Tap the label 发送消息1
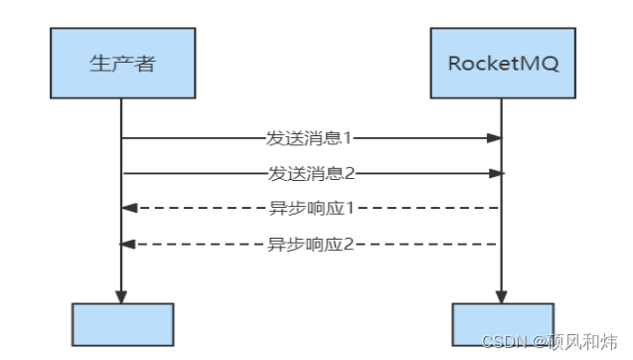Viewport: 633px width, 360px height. (x=311, y=138)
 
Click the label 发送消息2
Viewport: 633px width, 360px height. (x=311, y=173)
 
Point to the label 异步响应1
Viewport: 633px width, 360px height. (x=311, y=208)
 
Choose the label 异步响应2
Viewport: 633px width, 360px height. (x=311, y=243)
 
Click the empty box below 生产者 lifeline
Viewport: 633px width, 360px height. (x=122, y=324)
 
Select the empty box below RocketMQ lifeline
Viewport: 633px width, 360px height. (x=501, y=324)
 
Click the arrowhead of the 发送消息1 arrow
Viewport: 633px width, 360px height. (x=494, y=138)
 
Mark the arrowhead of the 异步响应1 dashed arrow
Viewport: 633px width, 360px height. (x=127, y=208)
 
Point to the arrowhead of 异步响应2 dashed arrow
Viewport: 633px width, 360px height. (x=127, y=243)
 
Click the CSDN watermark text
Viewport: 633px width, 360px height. (x=503, y=342)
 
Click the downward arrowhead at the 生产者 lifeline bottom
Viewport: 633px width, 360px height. (x=121, y=296)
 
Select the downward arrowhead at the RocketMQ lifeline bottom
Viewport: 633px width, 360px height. (x=501, y=296)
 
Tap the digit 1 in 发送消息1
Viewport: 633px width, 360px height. (x=349, y=138)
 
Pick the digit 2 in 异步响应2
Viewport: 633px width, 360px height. (x=349, y=243)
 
